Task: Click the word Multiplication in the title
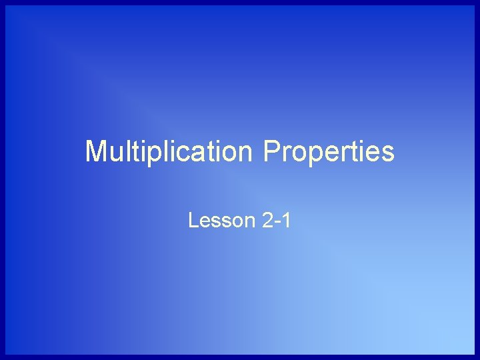point(168,151)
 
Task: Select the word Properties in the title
point(329,151)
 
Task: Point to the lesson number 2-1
point(277,219)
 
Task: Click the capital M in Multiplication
point(96,151)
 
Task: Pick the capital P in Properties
point(271,151)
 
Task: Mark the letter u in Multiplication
point(115,153)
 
